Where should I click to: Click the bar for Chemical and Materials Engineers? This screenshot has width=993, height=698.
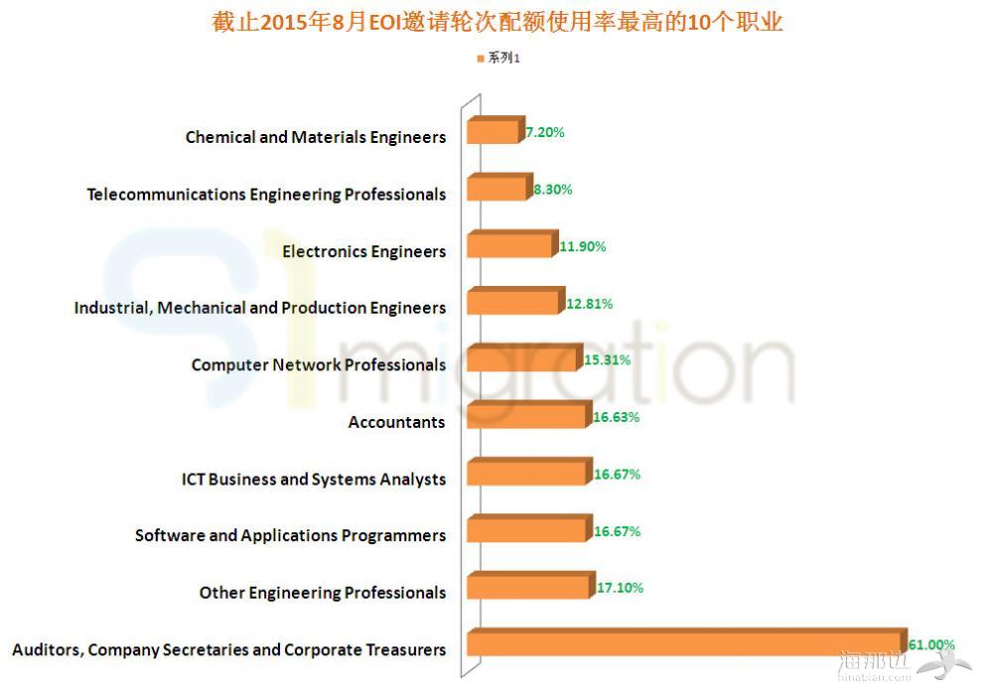point(493,132)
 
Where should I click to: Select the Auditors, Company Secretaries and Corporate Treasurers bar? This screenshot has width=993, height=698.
point(685,644)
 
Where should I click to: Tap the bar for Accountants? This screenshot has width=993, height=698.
point(527,416)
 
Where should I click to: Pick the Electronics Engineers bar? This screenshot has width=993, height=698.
point(508,245)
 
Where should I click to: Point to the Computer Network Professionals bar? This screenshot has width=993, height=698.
point(523,359)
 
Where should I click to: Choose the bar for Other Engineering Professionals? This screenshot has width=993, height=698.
point(528,588)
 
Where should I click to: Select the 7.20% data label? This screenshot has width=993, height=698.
point(545,132)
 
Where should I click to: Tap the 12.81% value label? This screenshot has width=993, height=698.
point(589,304)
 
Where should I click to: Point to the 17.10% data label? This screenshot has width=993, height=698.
point(620,588)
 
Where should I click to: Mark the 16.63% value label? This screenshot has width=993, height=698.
point(616,417)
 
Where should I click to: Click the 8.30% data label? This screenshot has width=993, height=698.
point(552,189)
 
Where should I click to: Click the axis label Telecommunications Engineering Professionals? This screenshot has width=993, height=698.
point(266,195)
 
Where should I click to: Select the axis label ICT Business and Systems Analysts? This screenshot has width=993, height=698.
point(314,480)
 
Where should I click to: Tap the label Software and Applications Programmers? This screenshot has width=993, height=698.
point(290,536)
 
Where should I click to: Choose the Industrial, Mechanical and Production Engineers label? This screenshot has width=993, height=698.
point(260,308)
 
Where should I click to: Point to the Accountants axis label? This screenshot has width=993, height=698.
point(396,423)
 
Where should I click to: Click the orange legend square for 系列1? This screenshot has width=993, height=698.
point(481,59)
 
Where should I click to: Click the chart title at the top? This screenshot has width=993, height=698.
point(496,22)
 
